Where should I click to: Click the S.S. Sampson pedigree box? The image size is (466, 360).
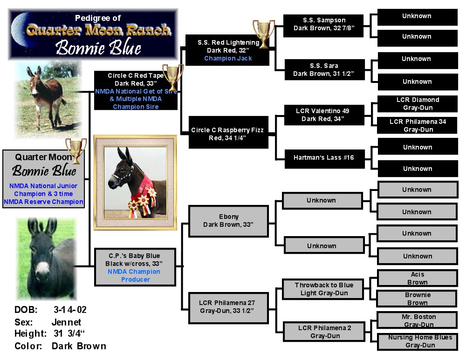323,26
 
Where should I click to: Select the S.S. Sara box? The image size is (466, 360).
324,69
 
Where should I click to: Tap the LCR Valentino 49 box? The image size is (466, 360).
324,115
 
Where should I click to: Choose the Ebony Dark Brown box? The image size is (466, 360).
228,221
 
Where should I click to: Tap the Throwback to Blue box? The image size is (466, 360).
323,289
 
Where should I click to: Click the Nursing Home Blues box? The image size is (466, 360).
417,341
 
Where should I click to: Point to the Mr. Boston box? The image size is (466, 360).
417,319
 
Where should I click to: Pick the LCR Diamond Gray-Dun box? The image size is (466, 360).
417,104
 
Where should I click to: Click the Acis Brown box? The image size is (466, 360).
417,278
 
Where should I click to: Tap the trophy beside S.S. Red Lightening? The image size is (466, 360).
263,33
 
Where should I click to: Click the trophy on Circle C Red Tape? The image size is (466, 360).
173,77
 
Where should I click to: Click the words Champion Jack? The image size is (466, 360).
228,58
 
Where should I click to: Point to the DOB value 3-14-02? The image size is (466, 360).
70,310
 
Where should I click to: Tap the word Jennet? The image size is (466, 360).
66,322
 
